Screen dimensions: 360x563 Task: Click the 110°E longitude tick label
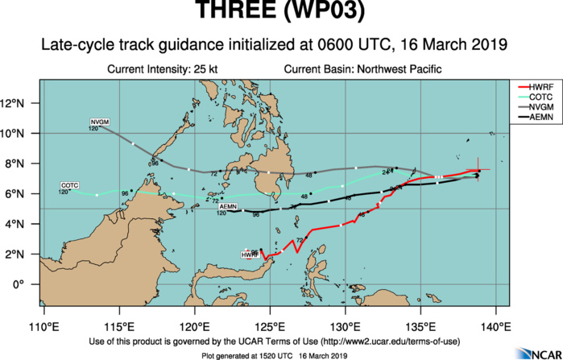(x=43, y=326)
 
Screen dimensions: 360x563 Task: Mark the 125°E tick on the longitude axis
(x=270, y=326)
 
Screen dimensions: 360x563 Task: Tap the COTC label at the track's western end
(x=70, y=186)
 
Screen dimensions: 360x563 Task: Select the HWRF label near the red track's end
(x=249, y=255)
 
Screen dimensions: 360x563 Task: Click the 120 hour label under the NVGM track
(x=93, y=128)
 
